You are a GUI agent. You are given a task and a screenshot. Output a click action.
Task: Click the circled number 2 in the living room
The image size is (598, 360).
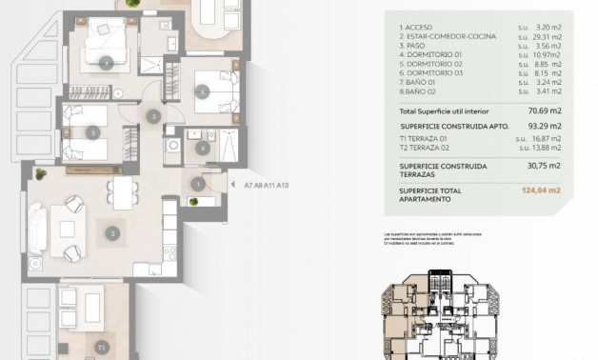112,231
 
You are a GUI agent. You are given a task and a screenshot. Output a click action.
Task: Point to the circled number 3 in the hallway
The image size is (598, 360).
153,117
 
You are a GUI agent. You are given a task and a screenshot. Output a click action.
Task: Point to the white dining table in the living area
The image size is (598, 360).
123,193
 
